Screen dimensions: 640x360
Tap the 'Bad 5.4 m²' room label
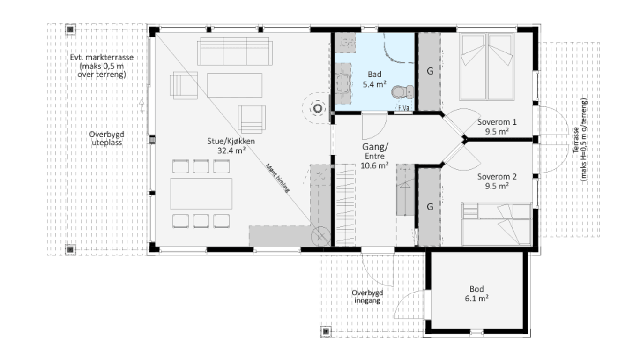click(374, 79)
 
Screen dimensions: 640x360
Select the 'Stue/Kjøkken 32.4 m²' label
click(231, 145)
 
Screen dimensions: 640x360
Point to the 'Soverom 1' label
click(497, 122)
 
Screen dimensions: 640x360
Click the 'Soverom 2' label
click(497, 177)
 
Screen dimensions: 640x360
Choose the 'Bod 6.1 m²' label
click(476, 293)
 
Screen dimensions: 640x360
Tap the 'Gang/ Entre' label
click(375, 151)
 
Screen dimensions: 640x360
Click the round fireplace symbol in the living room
click(318, 108)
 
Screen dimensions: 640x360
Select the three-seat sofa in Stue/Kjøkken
click(235, 52)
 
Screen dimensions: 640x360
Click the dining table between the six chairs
click(201, 194)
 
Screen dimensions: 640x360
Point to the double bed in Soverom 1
click(487, 67)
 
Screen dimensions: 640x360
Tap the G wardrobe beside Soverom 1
click(430, 72)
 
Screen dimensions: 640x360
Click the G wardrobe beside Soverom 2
click(430, 207)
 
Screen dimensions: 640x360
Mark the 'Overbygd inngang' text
click(367, 297)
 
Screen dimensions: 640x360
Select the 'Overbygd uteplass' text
click(106, 138)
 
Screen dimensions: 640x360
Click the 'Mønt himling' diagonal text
click(278, 178)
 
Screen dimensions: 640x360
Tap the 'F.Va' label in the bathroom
click(403, 108)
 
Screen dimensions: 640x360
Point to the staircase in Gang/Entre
click(345, 205)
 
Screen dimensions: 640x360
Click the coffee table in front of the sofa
click(235, 85)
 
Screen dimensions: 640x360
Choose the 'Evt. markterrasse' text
click(102, 57)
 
